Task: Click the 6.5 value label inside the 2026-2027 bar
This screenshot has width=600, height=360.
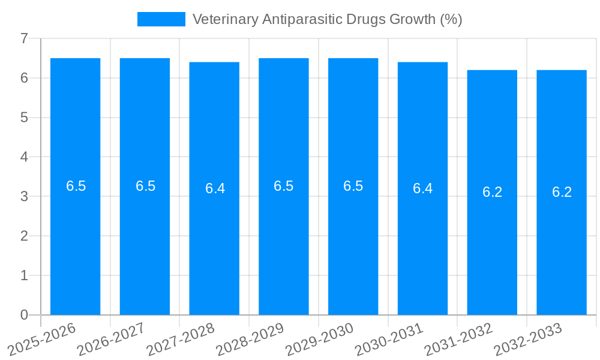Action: coord(145,186)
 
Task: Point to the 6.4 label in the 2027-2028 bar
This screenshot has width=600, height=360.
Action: coord(215,188)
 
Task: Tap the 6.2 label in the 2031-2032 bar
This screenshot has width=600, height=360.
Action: coord(492,192)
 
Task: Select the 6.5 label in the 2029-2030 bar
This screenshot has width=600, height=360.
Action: coord(353,186)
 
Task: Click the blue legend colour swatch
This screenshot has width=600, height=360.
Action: coord(161,19)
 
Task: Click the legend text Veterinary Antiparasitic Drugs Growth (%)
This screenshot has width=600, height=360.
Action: coord(327,19)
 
